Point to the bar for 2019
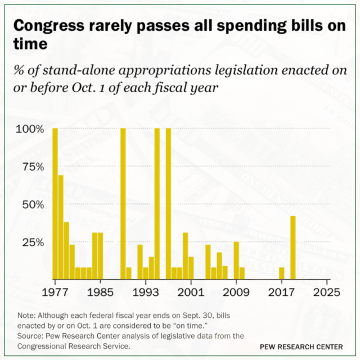293,248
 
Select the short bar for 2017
282,274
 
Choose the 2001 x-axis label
191,292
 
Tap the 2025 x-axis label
327,292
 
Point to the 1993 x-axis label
146,292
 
